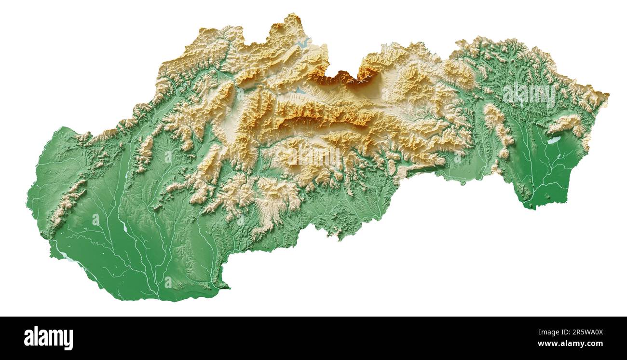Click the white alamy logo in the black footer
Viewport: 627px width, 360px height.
(x=48, y=338)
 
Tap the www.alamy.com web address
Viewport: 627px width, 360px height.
(x=570, y=344)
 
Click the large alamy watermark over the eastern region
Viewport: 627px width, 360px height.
(x=529, y=96)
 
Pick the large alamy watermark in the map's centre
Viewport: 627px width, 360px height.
(x=313, y=155)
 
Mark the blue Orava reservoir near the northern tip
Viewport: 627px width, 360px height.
(x=304, y=42)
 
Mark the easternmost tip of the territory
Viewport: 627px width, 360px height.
(x=608, y=94)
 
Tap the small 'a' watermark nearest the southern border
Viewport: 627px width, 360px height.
(x=168, y=282)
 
